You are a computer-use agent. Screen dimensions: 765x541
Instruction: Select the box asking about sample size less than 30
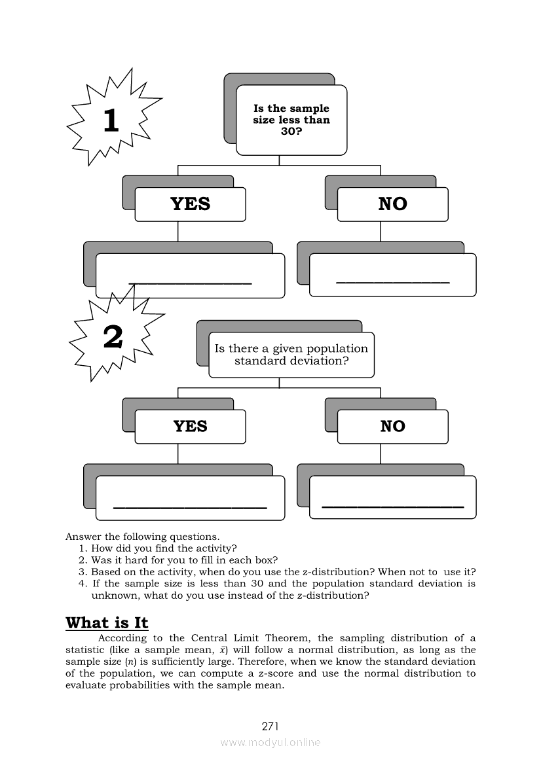(291, 120)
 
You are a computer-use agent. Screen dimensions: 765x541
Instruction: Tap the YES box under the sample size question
(190, 204)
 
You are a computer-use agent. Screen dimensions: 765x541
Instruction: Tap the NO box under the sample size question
(392, 204)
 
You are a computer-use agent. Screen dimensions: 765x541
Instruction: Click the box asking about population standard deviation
(291, 355)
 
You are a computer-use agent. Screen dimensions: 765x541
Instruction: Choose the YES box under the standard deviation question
(190, 427)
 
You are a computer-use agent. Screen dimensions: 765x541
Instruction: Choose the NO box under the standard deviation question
(392, 427)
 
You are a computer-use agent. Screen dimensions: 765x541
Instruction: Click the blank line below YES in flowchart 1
(190, 283)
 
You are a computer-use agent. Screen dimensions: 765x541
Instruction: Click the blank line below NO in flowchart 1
(392, 282)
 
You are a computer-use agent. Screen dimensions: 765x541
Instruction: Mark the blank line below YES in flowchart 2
(190, 507)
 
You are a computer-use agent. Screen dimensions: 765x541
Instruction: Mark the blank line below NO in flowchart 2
(392, 507)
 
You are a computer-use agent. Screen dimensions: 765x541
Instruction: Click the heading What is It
(107, 622)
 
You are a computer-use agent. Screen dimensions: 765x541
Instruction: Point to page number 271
(270, 726)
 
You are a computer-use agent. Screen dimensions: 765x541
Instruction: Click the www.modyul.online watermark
(270, 742)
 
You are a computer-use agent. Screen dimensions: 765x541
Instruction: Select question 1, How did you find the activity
(164, 548)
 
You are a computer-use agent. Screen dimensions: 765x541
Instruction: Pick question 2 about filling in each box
(184, 560)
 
